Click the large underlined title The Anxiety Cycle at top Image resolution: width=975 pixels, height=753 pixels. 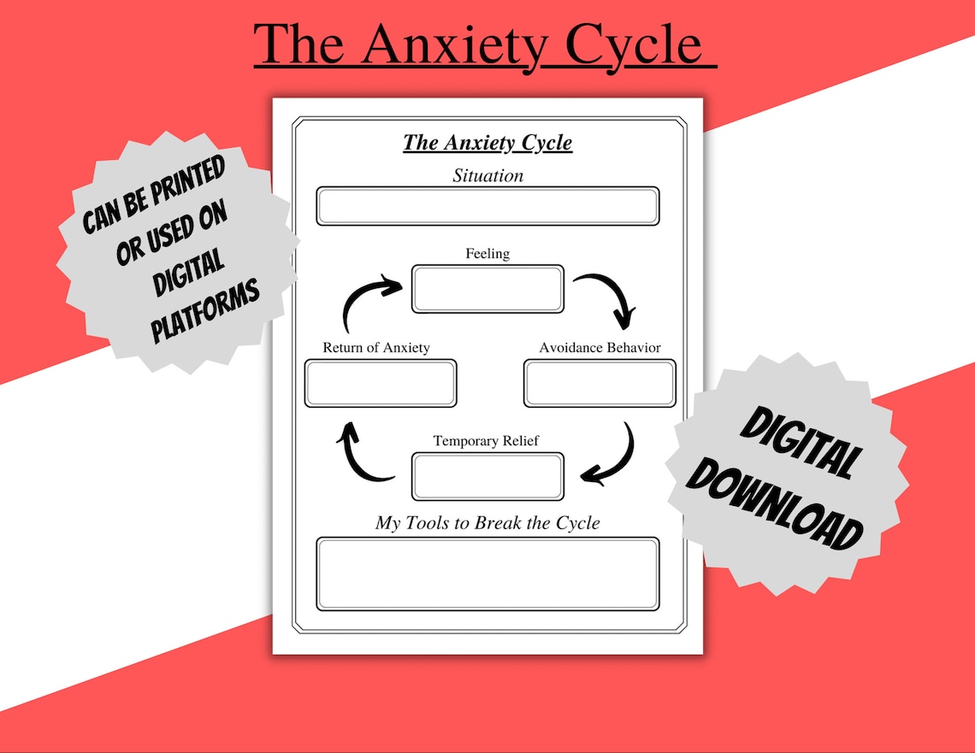(x=485, y=44)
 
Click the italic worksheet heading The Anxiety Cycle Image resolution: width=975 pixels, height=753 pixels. (x=487, y=142)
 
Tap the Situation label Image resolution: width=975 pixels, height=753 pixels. (x=487, y=176)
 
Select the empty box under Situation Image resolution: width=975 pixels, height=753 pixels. (x=487, y=206)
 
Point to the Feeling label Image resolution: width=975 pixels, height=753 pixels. (x=487, y=254)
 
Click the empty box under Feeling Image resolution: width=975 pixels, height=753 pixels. (x=487, y=289)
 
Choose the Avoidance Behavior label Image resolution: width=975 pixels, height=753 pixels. (x=600, y=348)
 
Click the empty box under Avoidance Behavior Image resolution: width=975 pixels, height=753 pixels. (x=600, y=383)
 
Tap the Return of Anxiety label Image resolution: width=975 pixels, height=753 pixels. (x=376, y=348)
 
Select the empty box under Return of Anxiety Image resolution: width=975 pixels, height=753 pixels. (x=381, y=383)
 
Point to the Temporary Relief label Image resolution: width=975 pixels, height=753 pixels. (x=486, y=441)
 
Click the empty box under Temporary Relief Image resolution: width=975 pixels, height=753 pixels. (x=487, y=476)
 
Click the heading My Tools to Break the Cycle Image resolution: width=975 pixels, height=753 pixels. (x=487, y=523)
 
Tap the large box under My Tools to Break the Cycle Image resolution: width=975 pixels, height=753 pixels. (x=487, y=574)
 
